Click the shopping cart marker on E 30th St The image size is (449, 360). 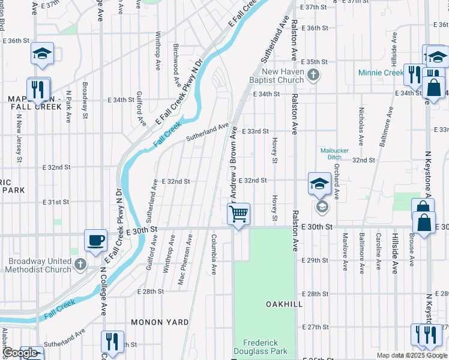(x=239, y=214)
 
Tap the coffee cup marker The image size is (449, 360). (x=96, y=240)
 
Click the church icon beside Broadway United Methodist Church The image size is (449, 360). (x=80, y=264)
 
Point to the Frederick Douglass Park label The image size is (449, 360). (x=265, y=346)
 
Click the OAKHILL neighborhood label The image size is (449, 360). (x=284, y=305)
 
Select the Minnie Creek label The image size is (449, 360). (x=381, y=73)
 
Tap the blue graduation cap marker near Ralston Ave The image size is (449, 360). (x=319, y=184)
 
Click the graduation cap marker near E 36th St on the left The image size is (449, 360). (x=43, y=54)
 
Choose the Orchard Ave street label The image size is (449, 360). (x=337, y=181)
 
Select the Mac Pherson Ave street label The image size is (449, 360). (x=189, y=259)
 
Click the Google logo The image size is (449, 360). (x=21, y=353)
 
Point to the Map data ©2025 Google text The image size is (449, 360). (x=412, y=355)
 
